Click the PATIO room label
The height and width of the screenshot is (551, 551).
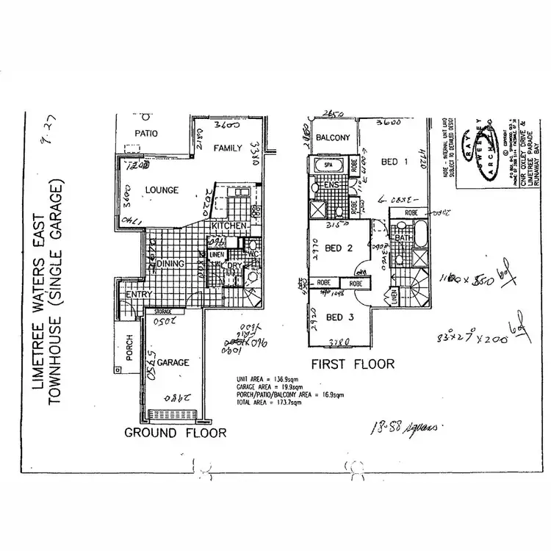pyautogui.click(x=146, y=134)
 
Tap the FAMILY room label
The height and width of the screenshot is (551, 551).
pyautogui.click(x=228, y=148)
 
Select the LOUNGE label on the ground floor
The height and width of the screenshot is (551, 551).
pyautogui.click(x=162, y=190)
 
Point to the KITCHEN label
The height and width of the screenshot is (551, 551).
pyautogui.click(x=228, y=226)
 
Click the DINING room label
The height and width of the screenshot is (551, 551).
pyautogui.click(x=170, y=263)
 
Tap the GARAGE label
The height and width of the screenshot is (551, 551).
pyautogui.click(x=173, y=362)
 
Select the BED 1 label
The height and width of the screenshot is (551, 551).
pyautogui.click(x=395, y=161)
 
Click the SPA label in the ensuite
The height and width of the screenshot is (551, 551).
pyautogui.click(x=328, y=166)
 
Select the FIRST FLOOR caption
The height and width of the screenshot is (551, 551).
pyautogui.click(x=353, y=364)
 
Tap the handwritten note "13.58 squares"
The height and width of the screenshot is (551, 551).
pyautogui.click(x=398, y=427)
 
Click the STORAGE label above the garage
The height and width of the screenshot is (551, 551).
pyautogui.click(x=163, y=311)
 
